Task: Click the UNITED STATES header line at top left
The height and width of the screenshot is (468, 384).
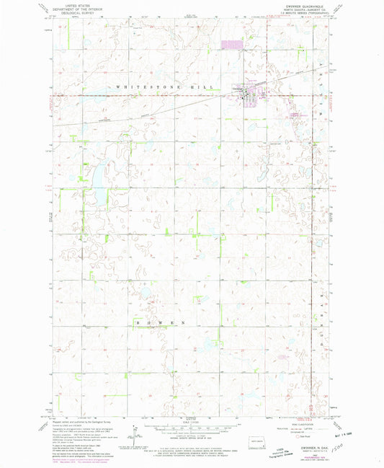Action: coord(62,4)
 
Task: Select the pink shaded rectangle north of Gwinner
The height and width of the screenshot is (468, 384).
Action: coord(232,45)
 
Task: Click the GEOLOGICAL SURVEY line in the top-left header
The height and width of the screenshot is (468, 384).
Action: coord(62,12)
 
